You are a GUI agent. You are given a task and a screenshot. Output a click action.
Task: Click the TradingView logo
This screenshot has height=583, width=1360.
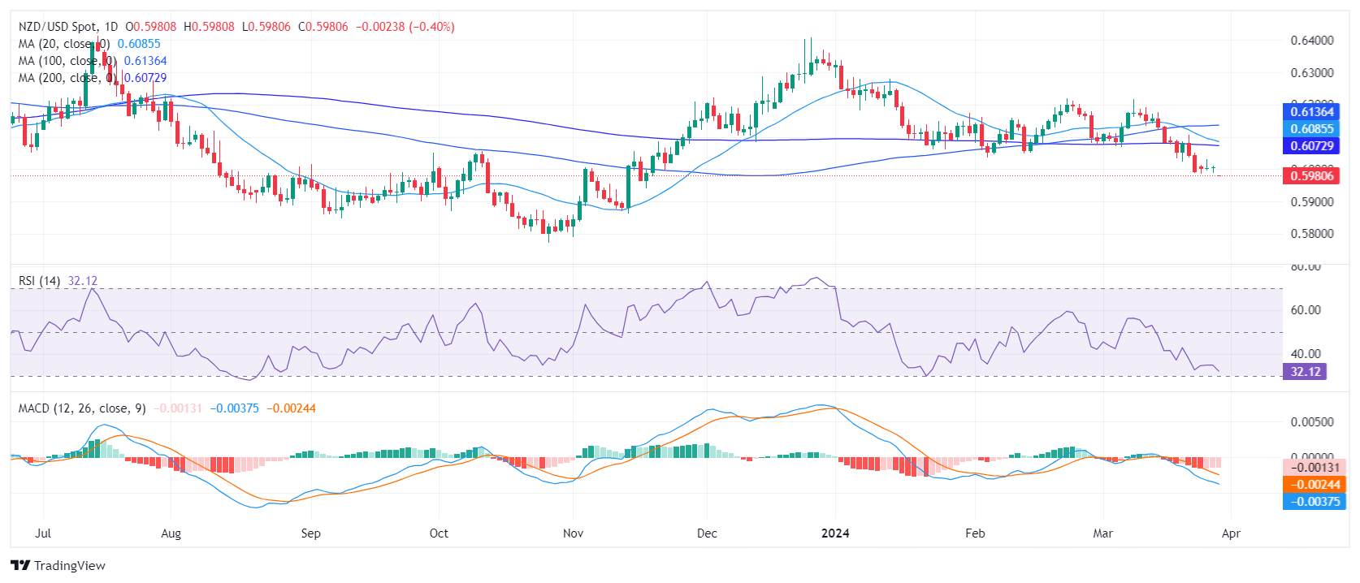coord(58,565)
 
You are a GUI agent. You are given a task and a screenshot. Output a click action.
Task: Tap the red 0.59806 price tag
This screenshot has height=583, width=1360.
coord(1312,175)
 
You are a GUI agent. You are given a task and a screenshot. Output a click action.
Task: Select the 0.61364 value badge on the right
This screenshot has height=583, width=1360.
coord(1312,112)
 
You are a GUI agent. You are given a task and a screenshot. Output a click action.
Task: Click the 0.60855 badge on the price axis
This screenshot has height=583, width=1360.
coord(1312,129)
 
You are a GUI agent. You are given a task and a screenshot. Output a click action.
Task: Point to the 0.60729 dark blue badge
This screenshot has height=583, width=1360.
coord(1312,146)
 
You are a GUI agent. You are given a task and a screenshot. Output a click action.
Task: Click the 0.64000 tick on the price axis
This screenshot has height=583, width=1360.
coord(1312,41)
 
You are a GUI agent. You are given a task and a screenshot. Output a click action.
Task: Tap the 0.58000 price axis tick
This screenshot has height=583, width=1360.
coord(1312,234)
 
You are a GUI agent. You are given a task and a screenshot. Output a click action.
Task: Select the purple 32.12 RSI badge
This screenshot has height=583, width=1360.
coord(1306,372)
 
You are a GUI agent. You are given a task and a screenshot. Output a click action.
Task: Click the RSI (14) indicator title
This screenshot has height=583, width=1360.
coord(39,281)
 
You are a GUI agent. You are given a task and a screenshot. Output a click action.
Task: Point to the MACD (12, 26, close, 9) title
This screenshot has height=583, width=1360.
coord(82,408)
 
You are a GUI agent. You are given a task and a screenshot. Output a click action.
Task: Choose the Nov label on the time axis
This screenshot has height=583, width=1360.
coord(573,533)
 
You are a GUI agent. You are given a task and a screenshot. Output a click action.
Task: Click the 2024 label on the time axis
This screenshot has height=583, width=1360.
coord(835,533)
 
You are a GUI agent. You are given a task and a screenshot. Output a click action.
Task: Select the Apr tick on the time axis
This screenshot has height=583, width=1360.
coord(1231,533)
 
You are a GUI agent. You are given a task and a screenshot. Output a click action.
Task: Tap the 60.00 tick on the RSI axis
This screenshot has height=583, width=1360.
coord(1306,310)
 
